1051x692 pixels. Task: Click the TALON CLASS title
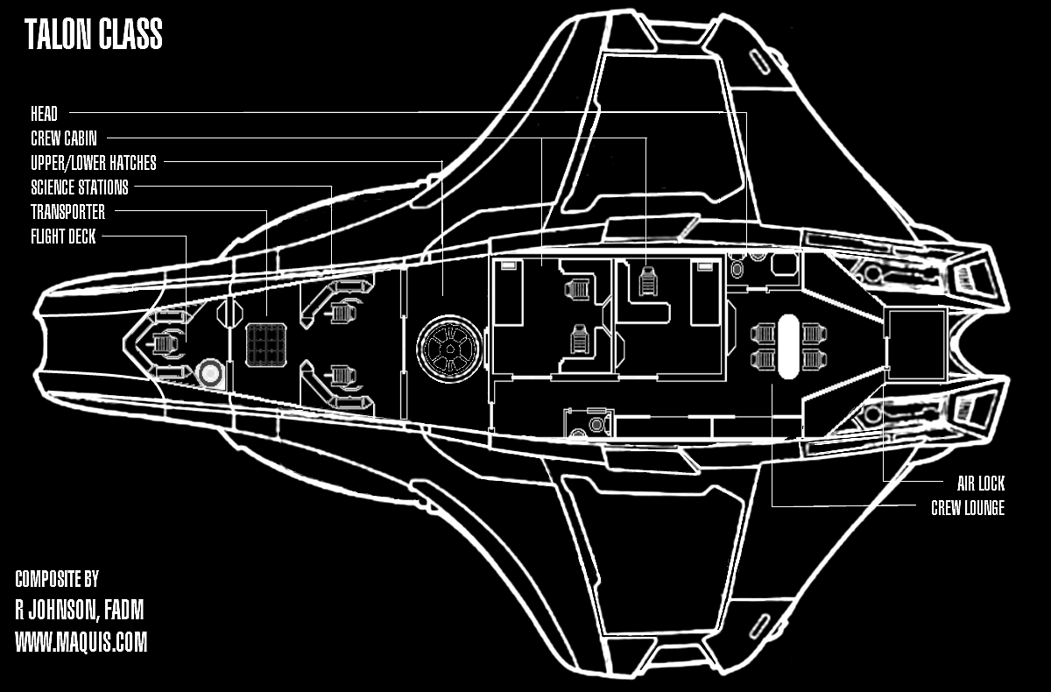click(94, 34)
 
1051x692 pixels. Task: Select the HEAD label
click(44, 114)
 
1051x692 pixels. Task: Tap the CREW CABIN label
click(64, 138)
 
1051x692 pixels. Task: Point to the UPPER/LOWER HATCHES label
click(94, 163)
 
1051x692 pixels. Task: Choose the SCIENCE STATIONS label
click(80, 187)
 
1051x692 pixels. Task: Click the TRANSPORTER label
click(68, 212)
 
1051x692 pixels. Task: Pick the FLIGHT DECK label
click(63, 236)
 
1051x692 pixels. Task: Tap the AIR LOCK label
click(981, 484)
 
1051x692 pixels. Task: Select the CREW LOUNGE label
click(968, 508)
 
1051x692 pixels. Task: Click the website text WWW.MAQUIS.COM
click(81, 642)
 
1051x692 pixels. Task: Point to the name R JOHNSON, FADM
click(80, 610)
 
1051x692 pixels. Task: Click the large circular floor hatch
click(449, 349)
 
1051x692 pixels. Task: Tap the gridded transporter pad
click(266, 345)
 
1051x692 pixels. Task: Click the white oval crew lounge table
click(788, 346)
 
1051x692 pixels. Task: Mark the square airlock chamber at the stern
click(915, 344)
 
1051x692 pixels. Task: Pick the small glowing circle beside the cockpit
click(210, 373)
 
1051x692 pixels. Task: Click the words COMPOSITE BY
click(57, 579)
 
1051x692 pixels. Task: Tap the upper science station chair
click(343, 312)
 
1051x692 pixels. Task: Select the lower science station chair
click(343, 377)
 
